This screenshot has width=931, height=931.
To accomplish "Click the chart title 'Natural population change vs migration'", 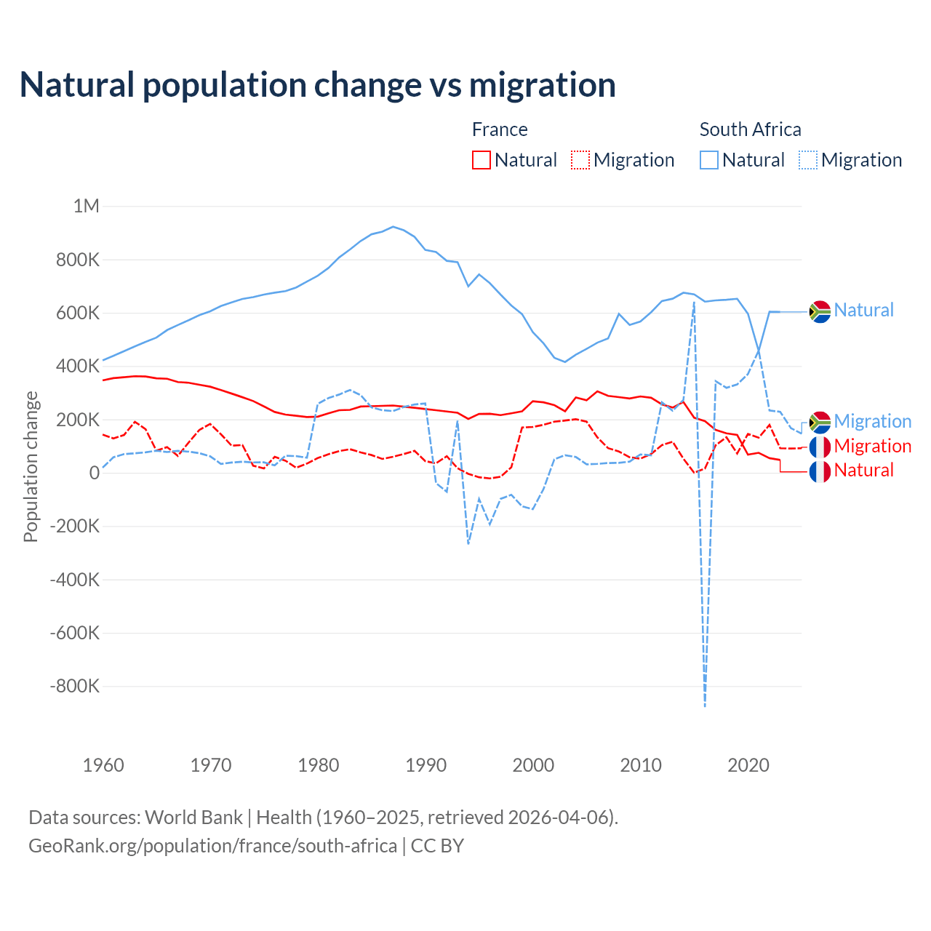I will coord(318,84).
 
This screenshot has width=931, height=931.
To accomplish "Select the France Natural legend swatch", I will coord(482,160).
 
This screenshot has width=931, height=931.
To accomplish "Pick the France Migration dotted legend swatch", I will coord(580,160).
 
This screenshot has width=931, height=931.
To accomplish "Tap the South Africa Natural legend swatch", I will coord(709,160).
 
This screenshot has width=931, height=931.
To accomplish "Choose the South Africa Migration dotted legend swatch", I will coord(808,160).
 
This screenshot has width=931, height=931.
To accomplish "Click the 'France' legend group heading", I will coord(500,129).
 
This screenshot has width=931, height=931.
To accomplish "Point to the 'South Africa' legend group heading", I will coord(750,129).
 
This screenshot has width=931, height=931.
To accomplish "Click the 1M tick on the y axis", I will coord(86,206).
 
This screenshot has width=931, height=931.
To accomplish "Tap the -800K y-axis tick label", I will coord(74,686).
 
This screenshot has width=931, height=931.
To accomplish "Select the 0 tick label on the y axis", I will coord(94,473).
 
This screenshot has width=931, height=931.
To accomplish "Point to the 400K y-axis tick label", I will coord(77,366).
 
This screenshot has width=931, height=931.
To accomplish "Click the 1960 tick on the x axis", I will coord(103,765).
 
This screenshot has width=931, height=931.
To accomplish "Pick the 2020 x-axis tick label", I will coord(748,765).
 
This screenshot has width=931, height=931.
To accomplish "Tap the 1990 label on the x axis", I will coord(425,765).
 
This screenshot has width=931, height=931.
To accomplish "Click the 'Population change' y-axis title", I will coord(31,466).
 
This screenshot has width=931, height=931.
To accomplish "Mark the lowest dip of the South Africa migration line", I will coord(705,706).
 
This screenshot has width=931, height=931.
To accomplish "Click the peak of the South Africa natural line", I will coord(393,227).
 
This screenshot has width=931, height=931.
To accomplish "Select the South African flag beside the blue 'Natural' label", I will coord(820,311).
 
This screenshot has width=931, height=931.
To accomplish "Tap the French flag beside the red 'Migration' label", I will coord(820,447).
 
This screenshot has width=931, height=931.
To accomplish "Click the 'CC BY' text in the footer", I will coord(437,846).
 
